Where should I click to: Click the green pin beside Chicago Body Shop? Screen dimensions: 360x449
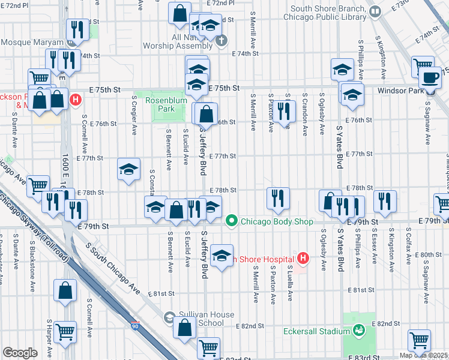coord(232,221)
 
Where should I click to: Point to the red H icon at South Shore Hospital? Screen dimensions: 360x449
coord(303,259)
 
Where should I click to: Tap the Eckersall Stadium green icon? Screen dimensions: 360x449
coord(359,330)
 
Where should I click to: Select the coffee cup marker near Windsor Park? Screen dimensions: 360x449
coord(430,77)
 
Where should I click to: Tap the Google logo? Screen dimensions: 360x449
coord(20,353)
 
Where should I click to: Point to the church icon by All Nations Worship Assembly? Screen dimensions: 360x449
coord(222,41)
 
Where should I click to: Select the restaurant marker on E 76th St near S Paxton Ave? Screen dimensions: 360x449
coord(285,110)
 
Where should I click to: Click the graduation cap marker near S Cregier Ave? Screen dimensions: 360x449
coord(128,169)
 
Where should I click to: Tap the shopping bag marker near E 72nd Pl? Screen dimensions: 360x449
coord(179,12)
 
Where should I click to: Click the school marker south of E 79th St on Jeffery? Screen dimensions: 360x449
coord(222,256)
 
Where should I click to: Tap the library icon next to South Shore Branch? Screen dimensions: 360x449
coord(375,11)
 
